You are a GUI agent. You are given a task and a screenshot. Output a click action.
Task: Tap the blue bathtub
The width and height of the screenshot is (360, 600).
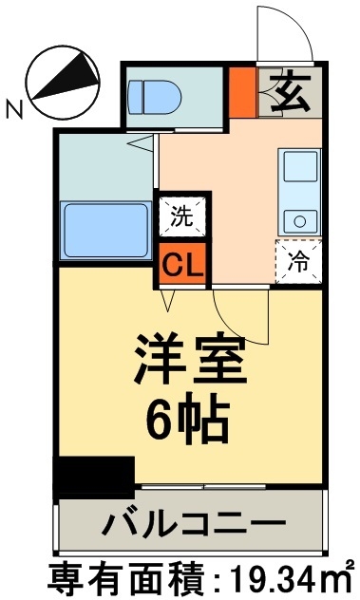[x=104, y=229]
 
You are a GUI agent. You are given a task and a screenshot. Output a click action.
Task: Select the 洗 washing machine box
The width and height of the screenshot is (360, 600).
[x=180, y=215]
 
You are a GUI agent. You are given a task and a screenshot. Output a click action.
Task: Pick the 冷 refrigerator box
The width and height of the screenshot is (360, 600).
[x=297, y=258]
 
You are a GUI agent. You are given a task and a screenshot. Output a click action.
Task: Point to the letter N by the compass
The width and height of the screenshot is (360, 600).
[x=13, y=110]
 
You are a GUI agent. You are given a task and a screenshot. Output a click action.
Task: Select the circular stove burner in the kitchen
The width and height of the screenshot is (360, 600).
[x=300, y=221]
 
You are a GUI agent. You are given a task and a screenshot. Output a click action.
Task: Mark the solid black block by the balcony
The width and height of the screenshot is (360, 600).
[x=94, y=476]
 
